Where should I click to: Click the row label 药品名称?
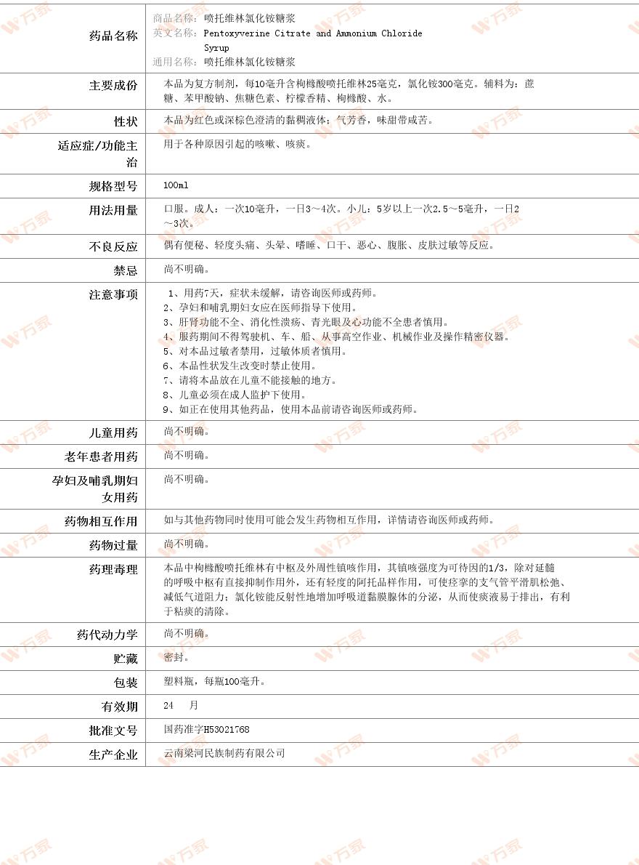(113, 36)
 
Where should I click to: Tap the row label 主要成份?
(113, 86)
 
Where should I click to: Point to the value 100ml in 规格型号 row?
(176, 186)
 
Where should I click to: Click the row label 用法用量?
(113, 211)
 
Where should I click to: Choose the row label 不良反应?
(113, 247)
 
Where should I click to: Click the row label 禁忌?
(125, 271)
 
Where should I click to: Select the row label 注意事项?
(113, 295)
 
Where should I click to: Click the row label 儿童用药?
(113, 433)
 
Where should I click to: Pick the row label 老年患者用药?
(101, 457)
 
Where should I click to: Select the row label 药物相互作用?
(101, 522)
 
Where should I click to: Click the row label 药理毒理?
(113, 570)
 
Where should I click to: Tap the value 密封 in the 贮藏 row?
(176, 657)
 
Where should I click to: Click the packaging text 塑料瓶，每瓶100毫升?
(215, 682)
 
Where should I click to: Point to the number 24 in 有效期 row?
(169, 706)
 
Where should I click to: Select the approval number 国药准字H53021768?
(207, 730)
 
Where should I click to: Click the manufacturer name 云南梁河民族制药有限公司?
(224, 753)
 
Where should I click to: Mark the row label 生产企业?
(113, 755)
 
